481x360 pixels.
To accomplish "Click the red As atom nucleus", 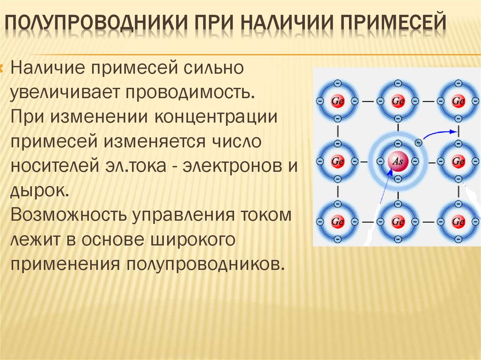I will click(x=398, y=161).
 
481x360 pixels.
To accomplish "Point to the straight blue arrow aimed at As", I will click(x=383, y=190).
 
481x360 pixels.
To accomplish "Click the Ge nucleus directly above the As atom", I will click(x=398, y=101).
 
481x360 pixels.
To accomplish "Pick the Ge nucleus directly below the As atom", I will click(x=398, y=221).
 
